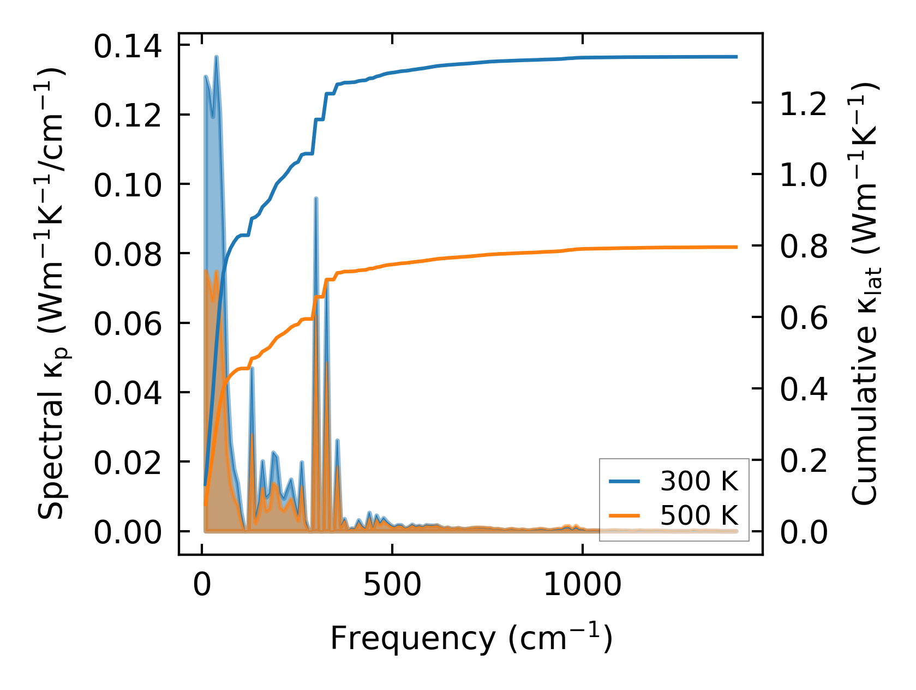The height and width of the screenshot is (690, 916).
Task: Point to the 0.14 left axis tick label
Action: point(128,46)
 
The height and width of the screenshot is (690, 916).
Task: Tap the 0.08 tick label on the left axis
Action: point(128,255)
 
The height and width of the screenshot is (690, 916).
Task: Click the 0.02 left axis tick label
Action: point(128,463)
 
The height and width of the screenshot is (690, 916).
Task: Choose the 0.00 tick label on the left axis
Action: point(128,532)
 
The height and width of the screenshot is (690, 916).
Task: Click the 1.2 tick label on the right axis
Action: point(804,104)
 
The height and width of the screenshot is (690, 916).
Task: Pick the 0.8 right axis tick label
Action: point(804,247)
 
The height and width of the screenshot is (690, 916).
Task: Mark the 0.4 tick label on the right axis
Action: point(804,389)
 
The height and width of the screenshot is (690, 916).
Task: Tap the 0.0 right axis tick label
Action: point(804,532)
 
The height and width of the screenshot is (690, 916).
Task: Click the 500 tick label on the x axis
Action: point(392,585)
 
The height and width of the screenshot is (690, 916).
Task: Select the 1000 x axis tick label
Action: point(583,585)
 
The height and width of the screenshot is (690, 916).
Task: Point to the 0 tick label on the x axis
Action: point(202,585)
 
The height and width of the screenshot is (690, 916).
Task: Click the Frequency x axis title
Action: point(471,638)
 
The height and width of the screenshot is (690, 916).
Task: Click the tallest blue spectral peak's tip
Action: point(217,56)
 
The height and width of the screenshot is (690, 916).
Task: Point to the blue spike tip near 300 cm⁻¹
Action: point(316,199)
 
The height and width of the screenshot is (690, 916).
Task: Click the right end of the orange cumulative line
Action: point(737,247)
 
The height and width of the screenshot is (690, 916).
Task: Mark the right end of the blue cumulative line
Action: point(737,57)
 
